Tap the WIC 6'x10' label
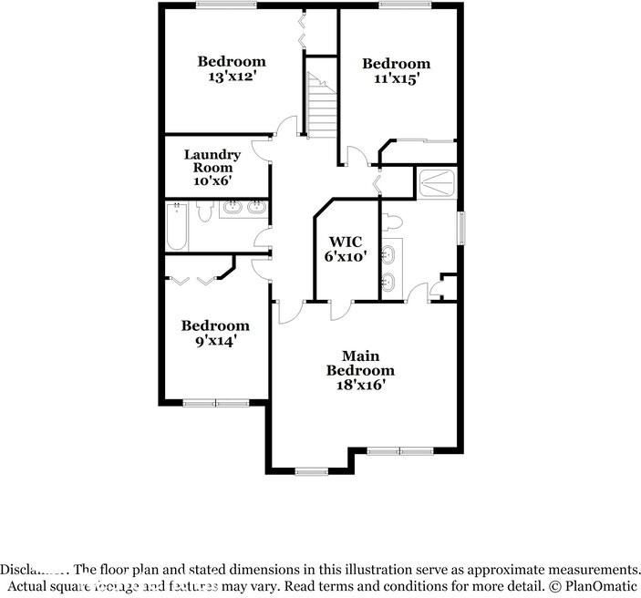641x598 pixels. click(346, 249)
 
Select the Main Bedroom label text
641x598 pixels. click(360, 363)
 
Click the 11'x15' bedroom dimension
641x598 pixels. click(396, 78)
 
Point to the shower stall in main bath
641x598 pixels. click(436, 182)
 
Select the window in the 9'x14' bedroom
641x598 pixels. click(216, 402)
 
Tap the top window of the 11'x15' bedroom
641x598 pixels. click(405, 5)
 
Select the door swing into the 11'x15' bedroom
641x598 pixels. click(364, 157)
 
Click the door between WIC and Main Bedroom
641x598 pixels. click(338, 310)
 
